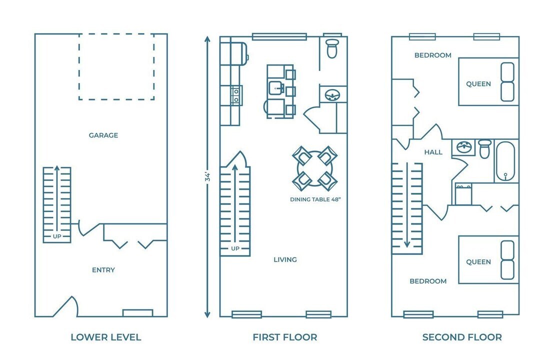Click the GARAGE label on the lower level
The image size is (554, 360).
tap(103, 135)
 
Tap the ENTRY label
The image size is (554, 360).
tap(103, 270)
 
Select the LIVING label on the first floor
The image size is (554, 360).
tap(285, 259)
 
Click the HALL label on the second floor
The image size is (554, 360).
tap(433, 152)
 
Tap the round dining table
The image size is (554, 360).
tap(314, 168)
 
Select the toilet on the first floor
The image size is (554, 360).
tap(332, 48)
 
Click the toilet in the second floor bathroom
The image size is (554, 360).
tap(484, 148)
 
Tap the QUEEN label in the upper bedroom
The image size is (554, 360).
tap(478, 84)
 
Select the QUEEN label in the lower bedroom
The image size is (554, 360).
tap(478, 262)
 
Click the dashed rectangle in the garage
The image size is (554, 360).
tap(116, 66)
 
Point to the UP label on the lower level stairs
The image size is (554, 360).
tap(56, 236)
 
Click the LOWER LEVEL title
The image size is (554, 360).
tap(105, 337)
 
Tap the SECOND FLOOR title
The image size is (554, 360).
tap(462, 337)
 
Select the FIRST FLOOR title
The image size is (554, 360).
tap(284, 337)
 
